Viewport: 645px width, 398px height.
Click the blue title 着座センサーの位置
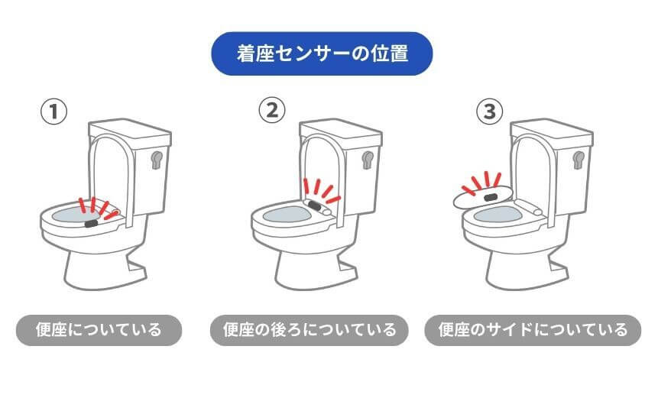click(322, 53)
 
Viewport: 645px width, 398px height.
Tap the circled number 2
click(271, 112)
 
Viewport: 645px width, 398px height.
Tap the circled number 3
click(490, 112)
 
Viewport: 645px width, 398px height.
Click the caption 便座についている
click(99, 330)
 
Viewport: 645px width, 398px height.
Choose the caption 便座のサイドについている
click(533, 330)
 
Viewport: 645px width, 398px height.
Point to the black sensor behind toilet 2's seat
click(313, 205)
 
